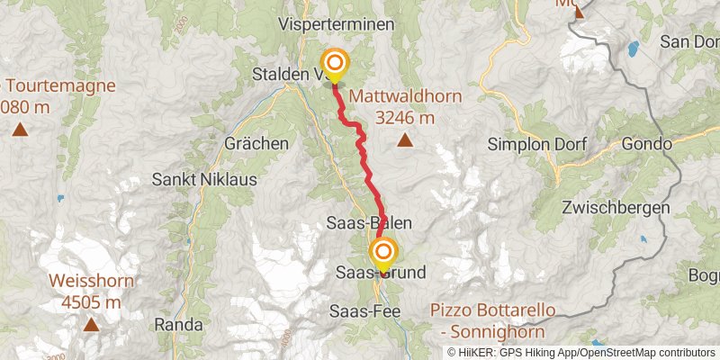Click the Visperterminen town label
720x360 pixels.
click(x=337, y=24)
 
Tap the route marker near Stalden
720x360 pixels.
click(x=335, y=64)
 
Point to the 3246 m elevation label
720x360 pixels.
click(x=405, y=117)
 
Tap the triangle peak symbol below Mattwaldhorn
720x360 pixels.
click(x=405, y=139)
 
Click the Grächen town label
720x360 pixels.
click(x=258, y=143)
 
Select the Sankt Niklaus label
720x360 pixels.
click(x=204, y=179)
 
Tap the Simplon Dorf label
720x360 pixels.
click(x=536, y=143)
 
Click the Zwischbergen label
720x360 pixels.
click(x=614, y=207)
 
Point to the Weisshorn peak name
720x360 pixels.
click(x=92, y=282)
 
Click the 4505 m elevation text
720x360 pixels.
click(x=92, y=303)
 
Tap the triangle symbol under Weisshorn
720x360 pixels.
click(x=92, y=325)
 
